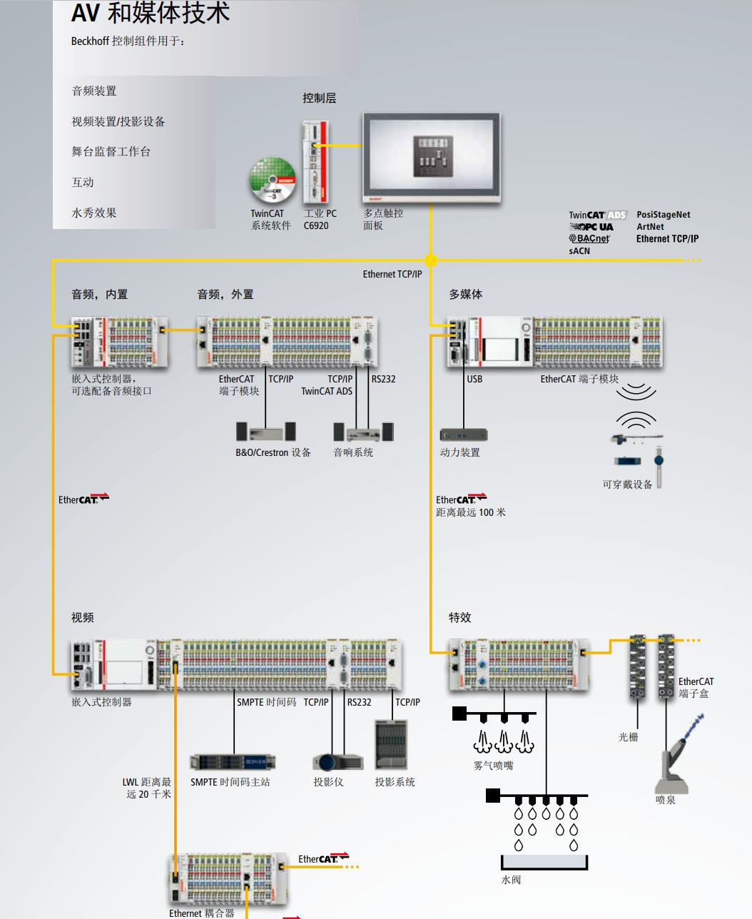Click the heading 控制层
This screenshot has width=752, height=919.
click(x=319, y=98)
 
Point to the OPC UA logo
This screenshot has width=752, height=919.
click(x=591, y=227)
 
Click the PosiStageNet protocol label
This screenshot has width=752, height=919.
click(x=663, y=215)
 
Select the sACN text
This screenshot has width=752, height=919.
click(x=579, y=251)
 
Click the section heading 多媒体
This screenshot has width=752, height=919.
click(x=466, y=294)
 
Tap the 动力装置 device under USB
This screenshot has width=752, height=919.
click(x=463, y=435)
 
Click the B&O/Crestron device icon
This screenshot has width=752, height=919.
click(x=265, y=432)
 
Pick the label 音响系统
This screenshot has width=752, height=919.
click(x=353, y=452)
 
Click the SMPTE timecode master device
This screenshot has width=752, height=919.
click(x=233, y=762)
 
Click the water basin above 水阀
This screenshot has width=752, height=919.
click(x=544, y=863)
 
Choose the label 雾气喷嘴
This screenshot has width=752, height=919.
click(x=493, y=766)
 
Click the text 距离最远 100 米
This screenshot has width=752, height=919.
click(x=471, y=512)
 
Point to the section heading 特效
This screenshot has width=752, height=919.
click(x=460, y=617)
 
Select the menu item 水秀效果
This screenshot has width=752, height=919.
click(x=94, y=213)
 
